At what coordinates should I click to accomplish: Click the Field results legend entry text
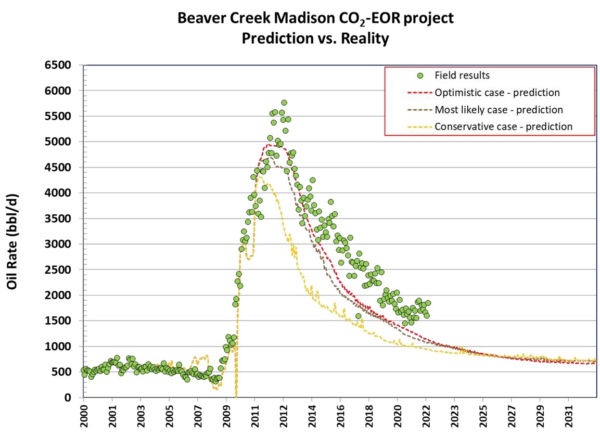(462, 75)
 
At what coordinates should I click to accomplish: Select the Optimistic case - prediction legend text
(497, 93)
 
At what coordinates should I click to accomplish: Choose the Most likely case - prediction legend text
(499, 110)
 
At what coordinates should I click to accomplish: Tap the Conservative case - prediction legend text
(503, 126)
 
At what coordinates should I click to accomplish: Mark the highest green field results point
(284, 102)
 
